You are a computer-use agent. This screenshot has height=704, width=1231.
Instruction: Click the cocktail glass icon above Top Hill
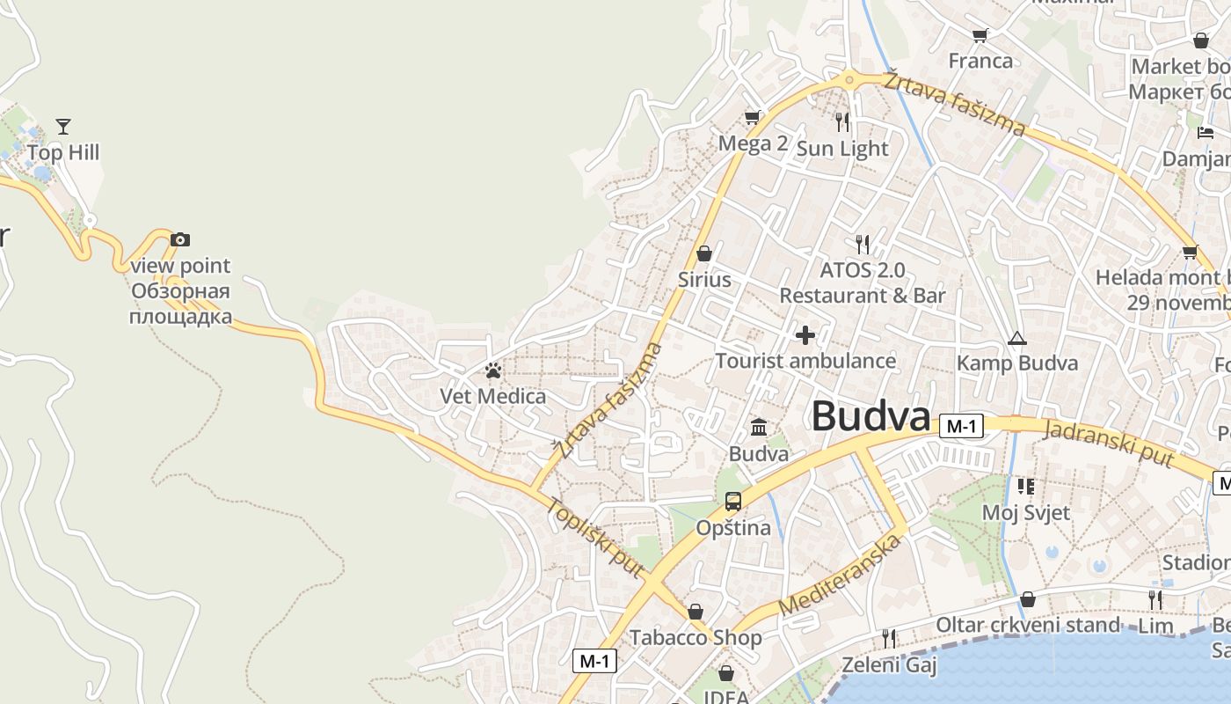pyautogui.click(x=62, y=127)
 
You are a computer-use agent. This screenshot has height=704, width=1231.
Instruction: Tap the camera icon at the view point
pyautogui.click(x=180, y=239)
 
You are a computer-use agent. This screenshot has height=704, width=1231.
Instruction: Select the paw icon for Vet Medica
pyautogui.click(x=493, y=370)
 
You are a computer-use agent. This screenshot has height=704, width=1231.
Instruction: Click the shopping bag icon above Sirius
pyautogui.click(x=704, y=254)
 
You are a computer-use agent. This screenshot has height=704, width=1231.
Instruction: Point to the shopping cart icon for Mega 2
pyautogui.click(x=752, y=117)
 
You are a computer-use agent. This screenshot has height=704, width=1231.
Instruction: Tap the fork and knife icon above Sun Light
pyautogui.click(x=843, y=121)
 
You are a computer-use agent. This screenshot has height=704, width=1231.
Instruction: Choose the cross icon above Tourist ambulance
pyautogui.click(x=805, y=335)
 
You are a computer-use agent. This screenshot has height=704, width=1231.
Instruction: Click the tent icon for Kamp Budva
pyautogui.click(x=1017, y=338)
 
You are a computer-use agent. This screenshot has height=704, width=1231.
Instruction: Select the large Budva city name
pyautogui.click(x=870, y=416)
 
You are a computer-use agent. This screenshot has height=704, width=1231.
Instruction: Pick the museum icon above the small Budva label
pyautogui.click(x=759, y=429)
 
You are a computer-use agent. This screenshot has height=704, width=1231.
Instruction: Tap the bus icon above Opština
pyautogui.click(x=732, y=502)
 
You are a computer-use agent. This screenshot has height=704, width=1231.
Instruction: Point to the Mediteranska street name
pyautogui.click(x=841, y=574)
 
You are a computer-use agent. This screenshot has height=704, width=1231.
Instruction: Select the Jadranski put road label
pyautogui.click(x=1110, y=443)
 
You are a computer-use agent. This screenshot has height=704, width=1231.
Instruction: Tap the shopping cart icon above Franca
pyautogui.click(x=980, y=35)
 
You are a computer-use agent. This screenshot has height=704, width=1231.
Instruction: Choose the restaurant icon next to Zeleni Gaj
pyautogui.click(x=890, y=638)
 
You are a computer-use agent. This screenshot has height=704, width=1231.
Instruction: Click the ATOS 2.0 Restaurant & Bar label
pyautogui.click(x=862, y=282)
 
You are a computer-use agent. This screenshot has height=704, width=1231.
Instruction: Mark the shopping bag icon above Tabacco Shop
pyautogui.click(x=696, y=612)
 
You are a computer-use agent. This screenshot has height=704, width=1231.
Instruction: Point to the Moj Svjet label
pyautogui.click(x=1025, y=512)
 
